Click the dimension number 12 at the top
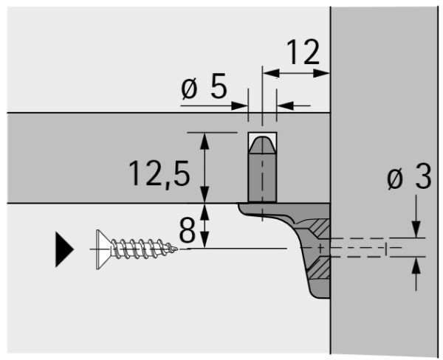coord(303,52)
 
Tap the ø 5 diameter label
coord(204,86)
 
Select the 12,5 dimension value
coord(159,173)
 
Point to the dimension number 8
coord(188,230)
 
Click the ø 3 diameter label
coord(409,176)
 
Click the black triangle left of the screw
coord(64,249)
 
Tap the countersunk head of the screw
coord(103,249)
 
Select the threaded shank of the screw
coord(141,249)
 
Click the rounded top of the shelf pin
coord(262,145)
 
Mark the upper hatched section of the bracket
coord(321,229)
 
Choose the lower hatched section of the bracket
coord(319,269)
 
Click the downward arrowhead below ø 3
coord(416,229)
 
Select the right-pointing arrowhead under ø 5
coord(239,106)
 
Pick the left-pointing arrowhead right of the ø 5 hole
coord(285,106)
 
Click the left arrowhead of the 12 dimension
coord(271,74)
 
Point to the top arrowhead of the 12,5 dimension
coord(205,141)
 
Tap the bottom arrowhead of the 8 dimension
coord(205,240)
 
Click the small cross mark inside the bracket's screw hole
coord(320,249)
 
